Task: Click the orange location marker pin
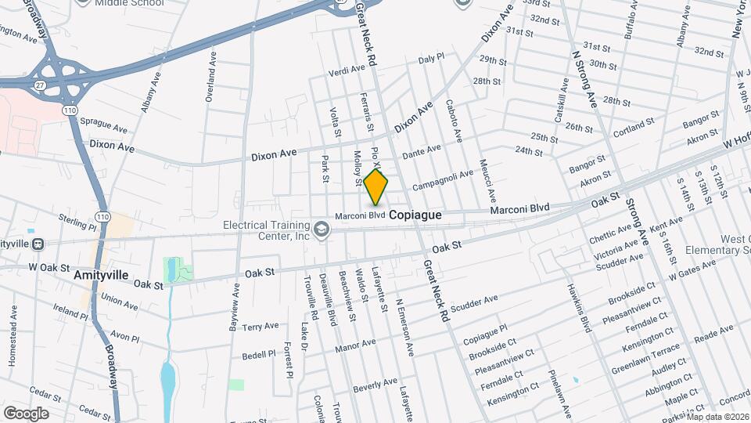click(x=375, y=186)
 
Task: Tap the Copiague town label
click(x=415, y=214)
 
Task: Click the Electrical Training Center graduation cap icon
click(x=321, y=229)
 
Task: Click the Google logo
click(x=26, y=413)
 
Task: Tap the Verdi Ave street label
click(x=347, y=69)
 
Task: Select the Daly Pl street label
click(x=431, y=58)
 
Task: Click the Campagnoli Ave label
click(x=443, y=180)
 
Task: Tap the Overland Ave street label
click(x=210, y=78)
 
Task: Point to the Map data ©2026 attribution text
click(x=717, y=416)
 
